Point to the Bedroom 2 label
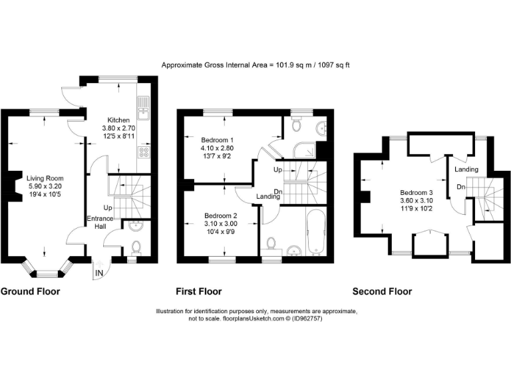(220, 215)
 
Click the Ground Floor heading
(30, 291)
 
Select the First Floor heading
(198, 291)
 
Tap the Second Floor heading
(382, 291)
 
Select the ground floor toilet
(136, 247)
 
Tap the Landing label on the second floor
(466, 170)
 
